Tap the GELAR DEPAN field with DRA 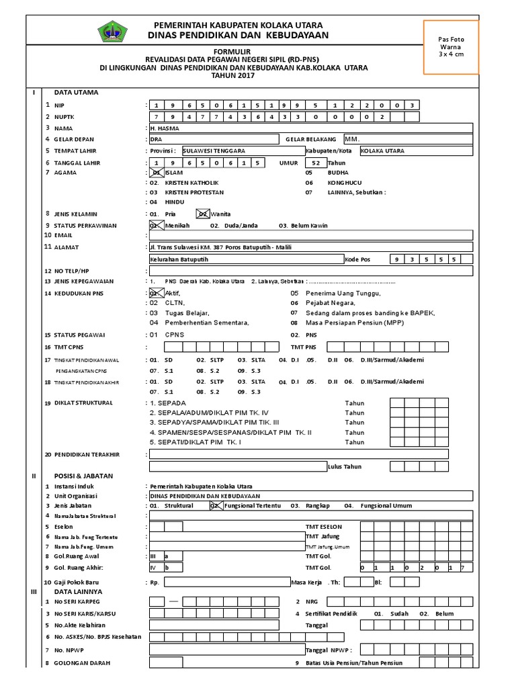tap(212, 139)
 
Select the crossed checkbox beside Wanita tap(203, 214)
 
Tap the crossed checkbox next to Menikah tap(156, 225)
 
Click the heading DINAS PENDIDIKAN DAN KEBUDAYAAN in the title tap(230, 35)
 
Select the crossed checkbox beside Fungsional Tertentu tap(216, 505)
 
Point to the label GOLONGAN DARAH tap(85, 663)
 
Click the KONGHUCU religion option tap(344, 182)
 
